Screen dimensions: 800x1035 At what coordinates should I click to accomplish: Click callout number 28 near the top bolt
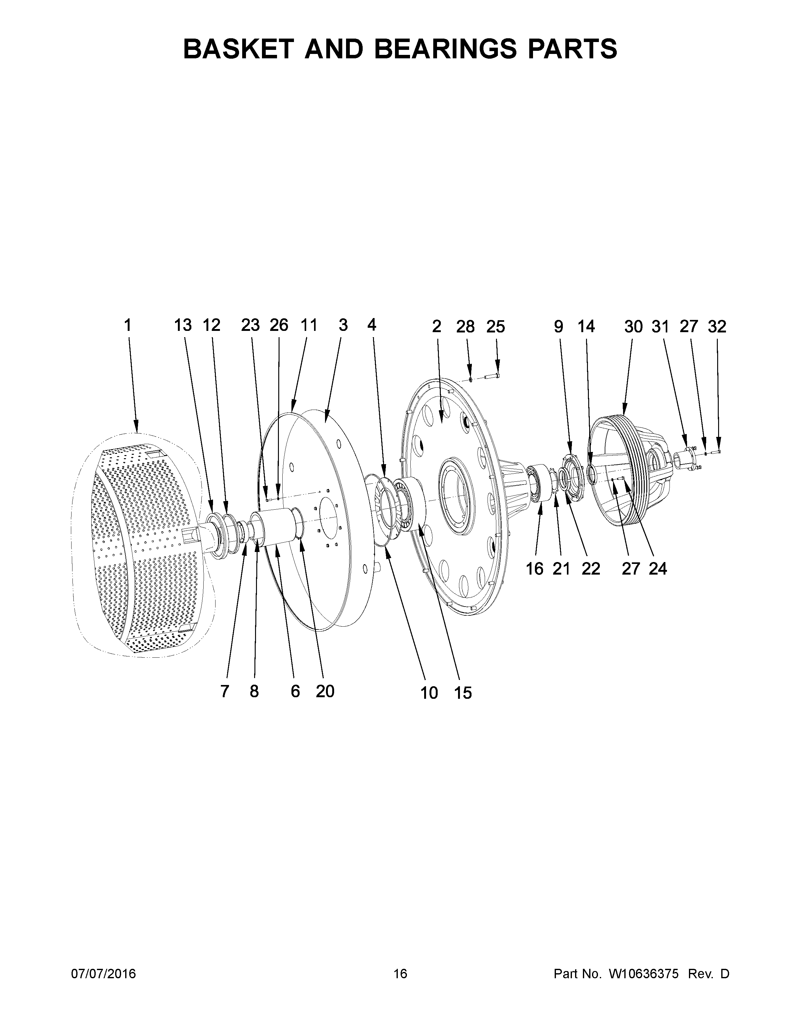point(465,327)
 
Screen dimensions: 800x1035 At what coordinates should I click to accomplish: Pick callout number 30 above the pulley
point(633,327)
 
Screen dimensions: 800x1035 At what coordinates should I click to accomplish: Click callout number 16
point(535,569)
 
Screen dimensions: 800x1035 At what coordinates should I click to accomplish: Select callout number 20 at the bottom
point(325,692)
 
